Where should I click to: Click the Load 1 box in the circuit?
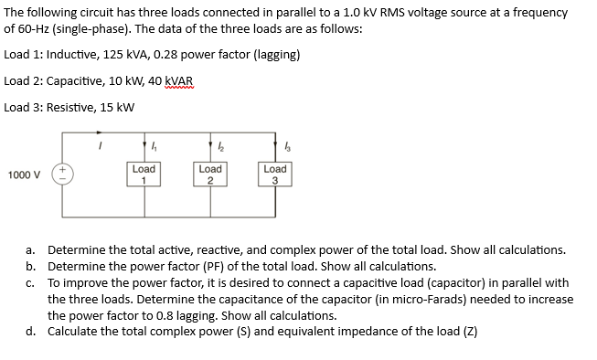(x=144, y=175)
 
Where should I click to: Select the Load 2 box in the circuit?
(x=209, y=175)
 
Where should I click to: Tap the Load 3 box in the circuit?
(x=274, y=175)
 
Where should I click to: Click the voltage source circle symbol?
(x=63, y=174)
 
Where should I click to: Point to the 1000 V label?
(x=24, y=174)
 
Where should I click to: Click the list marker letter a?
(x=31, y=249)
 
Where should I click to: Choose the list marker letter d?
(x=31, y=331)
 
